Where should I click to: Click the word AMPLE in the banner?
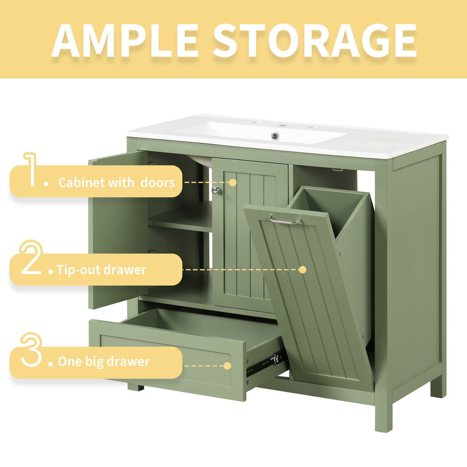(x=125, y=41)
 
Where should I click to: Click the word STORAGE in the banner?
(x=314, y=41)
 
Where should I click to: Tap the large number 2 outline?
(x=31, y=257)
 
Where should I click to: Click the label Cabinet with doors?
(x=116, y=182)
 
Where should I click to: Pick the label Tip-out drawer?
(x=102, y=270)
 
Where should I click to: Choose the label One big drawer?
(x=103, y=362)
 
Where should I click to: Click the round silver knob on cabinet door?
(x=216, y=189)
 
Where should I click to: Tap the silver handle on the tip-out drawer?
(x=285, y=220)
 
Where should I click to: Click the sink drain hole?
(x=275, y=135)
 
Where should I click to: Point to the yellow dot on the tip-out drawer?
(x=303, y=269)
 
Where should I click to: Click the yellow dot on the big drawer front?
(x=227, y=365)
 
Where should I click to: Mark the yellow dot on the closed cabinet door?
(x=232, y=182)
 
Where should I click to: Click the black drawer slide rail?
(x=265, y=364)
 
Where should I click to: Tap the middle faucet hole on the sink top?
(x=284, y=125)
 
